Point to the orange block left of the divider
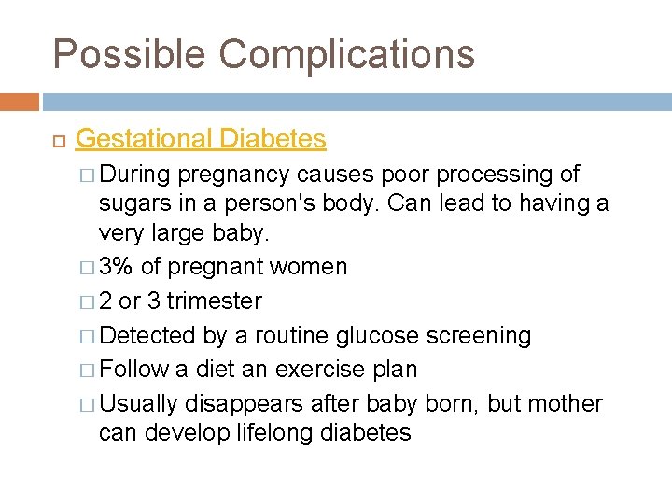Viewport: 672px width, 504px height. click(20, 102)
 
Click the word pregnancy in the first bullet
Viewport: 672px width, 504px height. click(235, 175)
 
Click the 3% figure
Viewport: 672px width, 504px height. click(116, 267)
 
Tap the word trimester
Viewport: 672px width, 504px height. click(214, 301)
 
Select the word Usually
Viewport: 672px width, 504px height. click(138, 404)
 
